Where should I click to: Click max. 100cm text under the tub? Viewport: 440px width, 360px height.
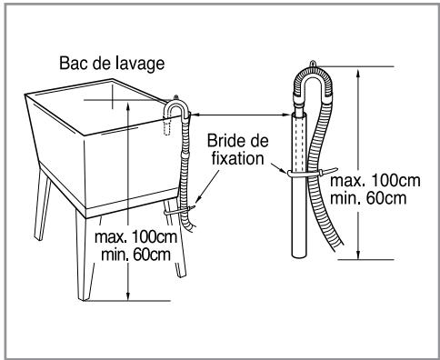(x=132, y=238)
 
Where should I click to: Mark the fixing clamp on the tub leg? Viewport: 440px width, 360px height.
(x=180, y=212)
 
